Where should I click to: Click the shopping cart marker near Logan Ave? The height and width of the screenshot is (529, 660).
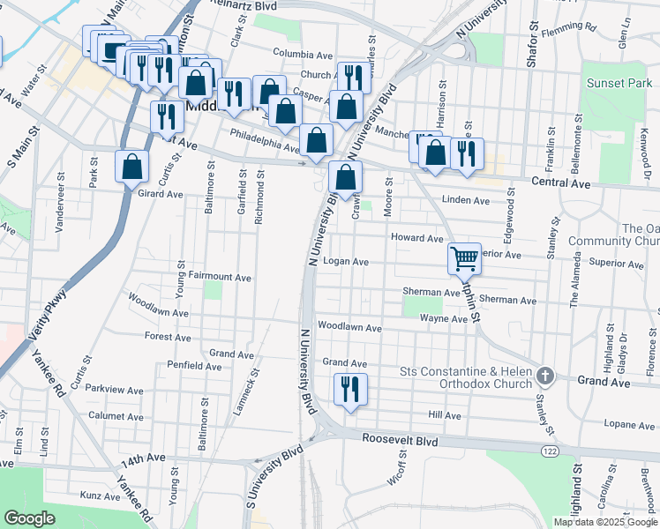tap(464, 259)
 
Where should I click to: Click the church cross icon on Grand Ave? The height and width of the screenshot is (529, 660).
tap(545, 376)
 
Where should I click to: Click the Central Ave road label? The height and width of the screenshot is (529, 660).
tap(561, 183)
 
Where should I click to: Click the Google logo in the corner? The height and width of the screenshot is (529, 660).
tap(29, 518)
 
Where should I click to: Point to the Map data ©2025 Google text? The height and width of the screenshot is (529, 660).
tap(605, 522)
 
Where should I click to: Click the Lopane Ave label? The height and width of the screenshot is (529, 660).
tap(623, 424)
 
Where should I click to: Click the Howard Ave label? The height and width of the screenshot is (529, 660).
tap(416, 238)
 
